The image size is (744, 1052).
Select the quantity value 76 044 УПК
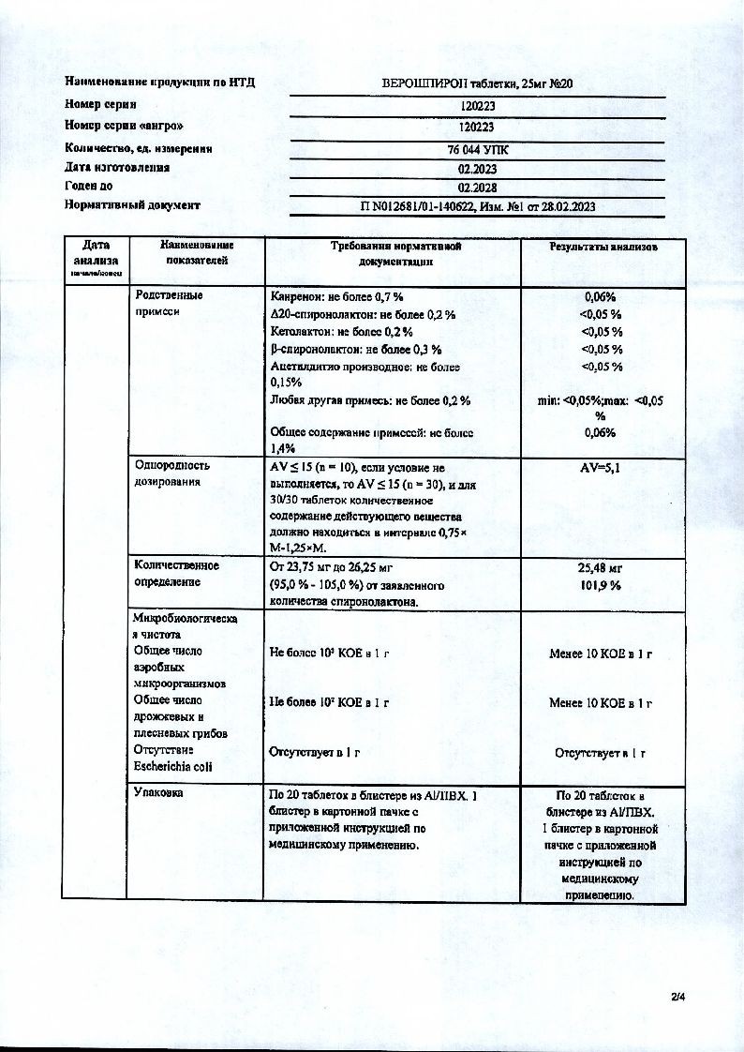click(477, 149)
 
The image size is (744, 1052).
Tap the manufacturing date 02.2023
click(477, 170)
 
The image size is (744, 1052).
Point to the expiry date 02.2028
click(477, 188)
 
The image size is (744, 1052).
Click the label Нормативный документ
click(132, 204)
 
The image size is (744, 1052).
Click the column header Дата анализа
click(95, 254)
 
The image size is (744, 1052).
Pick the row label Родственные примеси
click(169, 304)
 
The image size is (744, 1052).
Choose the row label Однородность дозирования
click(172, 473)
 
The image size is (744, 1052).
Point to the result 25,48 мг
click(602, 567)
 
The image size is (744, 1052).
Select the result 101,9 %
click(602, 585)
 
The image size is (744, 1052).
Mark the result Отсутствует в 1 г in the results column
click(601, 752)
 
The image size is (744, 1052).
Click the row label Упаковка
click(158, 793)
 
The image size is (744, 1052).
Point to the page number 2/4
click(678, 997)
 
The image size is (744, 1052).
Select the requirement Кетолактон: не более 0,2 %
click(341, 332)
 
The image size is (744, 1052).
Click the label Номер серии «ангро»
click(124, 126)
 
